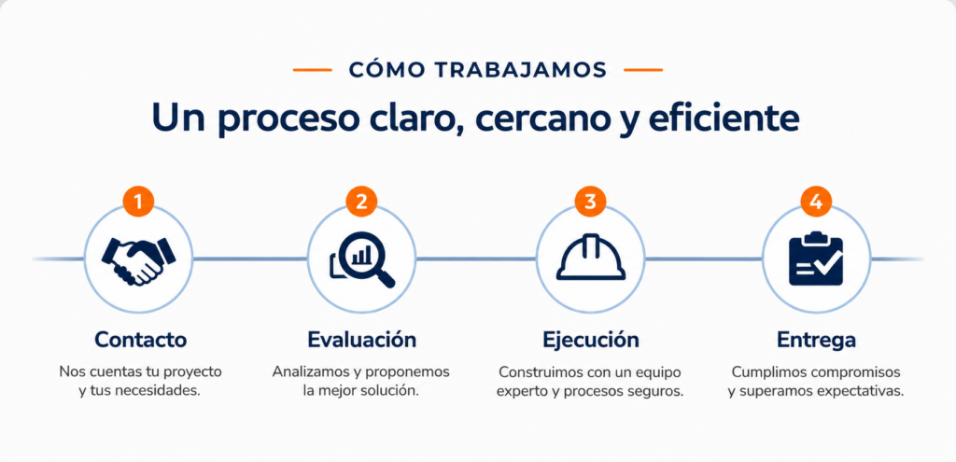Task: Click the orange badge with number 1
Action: (x=138, y=203)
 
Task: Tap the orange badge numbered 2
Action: (x=361, y=203)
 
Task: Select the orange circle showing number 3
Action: (x=590, y=203)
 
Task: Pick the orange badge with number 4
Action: (x=816, y=203)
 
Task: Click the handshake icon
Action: (x=138, y=260)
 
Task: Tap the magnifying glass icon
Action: (x=362, y=260)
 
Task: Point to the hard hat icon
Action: (x=590, y=258)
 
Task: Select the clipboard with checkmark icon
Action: (x=816, y=259)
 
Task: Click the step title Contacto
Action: (x=140, y=340)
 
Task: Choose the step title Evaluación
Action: (x=362, y=340)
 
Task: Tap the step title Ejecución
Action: (x=591, y=340)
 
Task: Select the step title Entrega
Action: (x=816, y=340)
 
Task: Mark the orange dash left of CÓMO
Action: (x=312, y=70)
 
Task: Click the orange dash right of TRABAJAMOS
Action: (x=643, y=70)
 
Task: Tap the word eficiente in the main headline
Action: (x=724, y=119)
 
